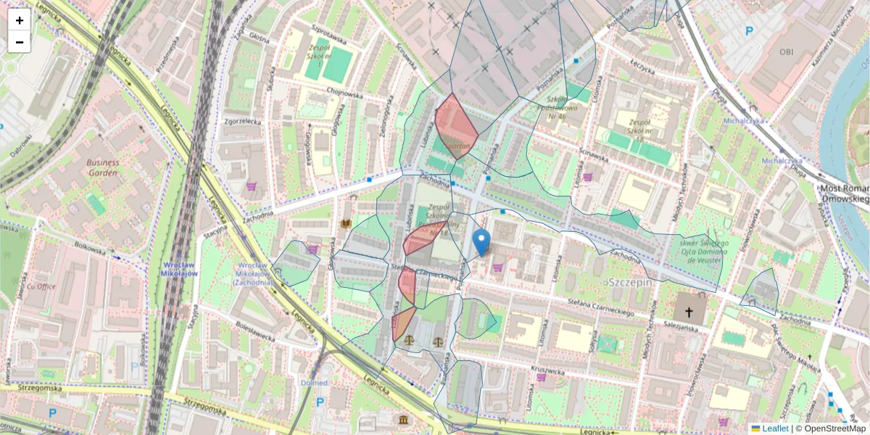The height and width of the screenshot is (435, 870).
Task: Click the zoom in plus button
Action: [20, 20]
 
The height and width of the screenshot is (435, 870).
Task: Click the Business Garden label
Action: [102, 167]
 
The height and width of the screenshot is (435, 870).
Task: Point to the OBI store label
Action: [787, 52]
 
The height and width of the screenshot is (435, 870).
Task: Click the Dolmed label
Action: [313, 382]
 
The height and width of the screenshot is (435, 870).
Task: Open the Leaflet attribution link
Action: [774, 428]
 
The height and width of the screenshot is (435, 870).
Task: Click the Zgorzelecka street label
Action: [242, 121]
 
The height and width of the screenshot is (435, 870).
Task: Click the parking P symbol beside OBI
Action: [750, 31]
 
